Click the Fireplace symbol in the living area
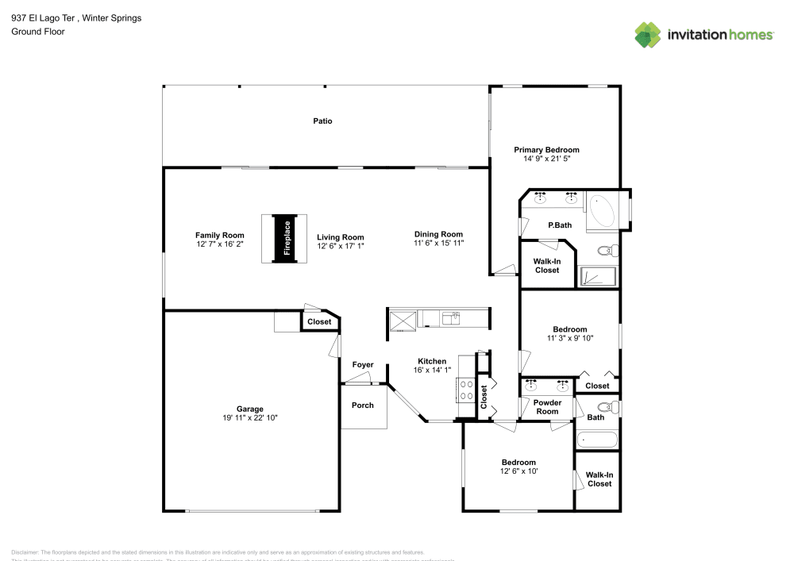point(287,238)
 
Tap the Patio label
point(322,121)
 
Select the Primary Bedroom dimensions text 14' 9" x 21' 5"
point(546,159)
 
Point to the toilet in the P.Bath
point(607,251)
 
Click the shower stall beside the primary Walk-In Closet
point(597,275)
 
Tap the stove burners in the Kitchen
point(465,389)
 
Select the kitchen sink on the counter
point(451,318)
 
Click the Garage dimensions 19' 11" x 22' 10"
point(250,418)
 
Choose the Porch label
point(363,405)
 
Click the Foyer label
point(363,365)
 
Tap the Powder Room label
point(547,407)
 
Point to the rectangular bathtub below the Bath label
point(596,439)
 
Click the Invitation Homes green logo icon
point(648,34)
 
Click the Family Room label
point(220,235)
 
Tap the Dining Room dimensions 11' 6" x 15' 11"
point(438,244)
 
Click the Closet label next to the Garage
point(319,322)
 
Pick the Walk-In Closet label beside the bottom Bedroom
point(599,479)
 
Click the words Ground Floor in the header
point(38,32)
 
